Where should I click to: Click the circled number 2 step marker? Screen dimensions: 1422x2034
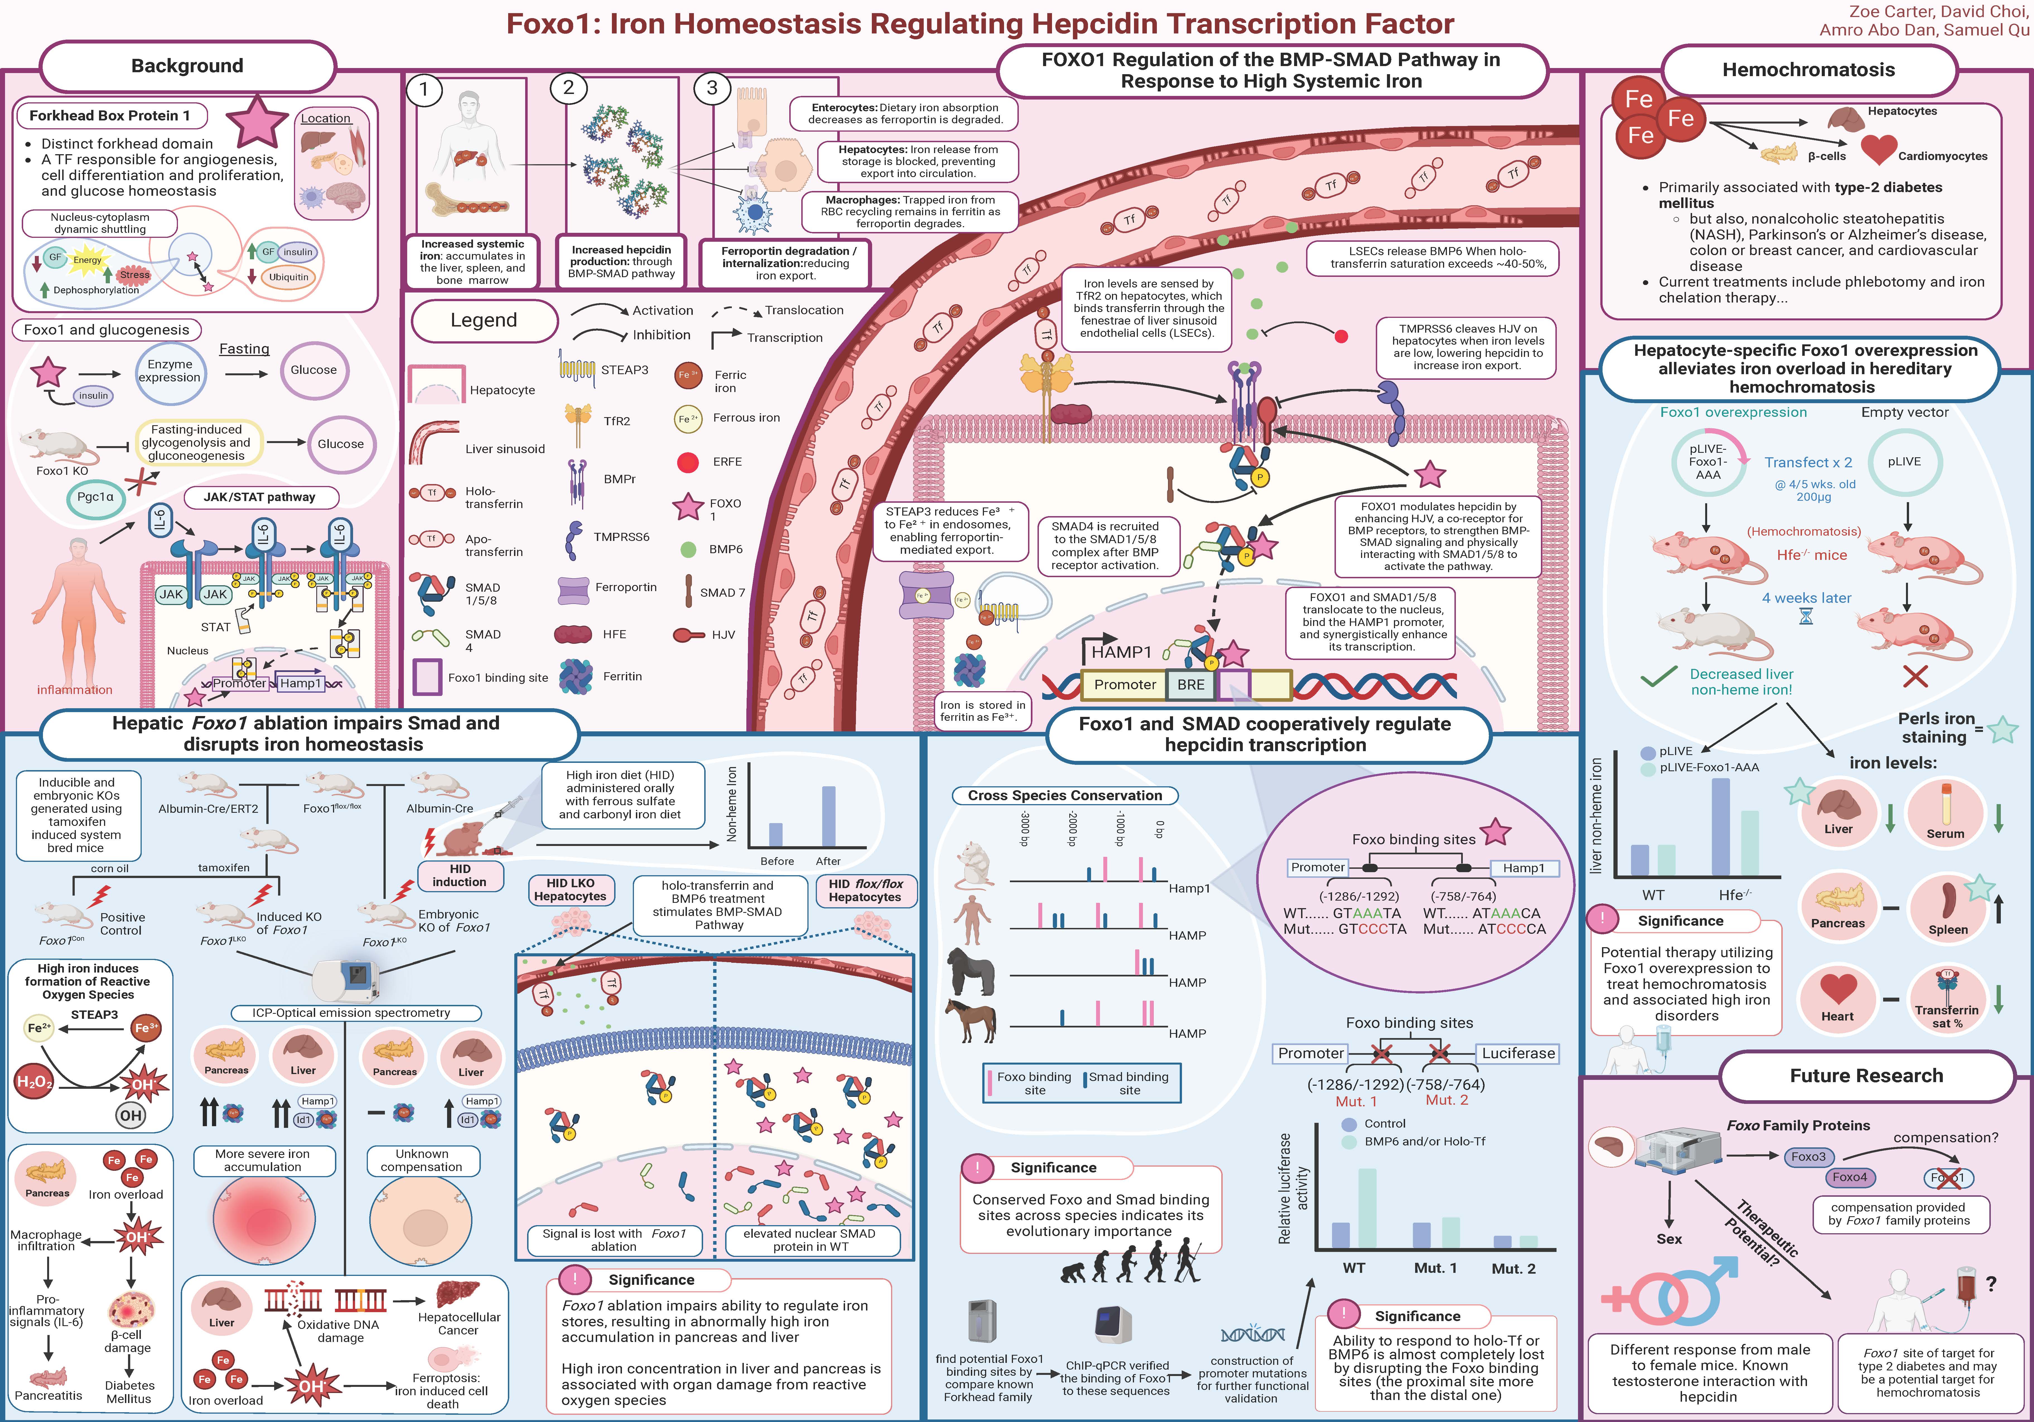[569, 88]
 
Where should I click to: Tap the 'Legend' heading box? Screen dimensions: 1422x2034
[484, 321]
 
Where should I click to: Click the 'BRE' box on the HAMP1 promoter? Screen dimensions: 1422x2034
[1191, 685]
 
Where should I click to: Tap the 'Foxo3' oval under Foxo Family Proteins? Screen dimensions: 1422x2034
[1808, 1156]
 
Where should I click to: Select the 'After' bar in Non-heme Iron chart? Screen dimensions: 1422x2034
[828, 816]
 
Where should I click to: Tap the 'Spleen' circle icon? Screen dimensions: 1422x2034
[1947, 907]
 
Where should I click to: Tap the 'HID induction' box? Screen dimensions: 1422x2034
[460, 876]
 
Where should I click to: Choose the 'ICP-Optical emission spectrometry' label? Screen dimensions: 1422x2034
[351, 1013]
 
